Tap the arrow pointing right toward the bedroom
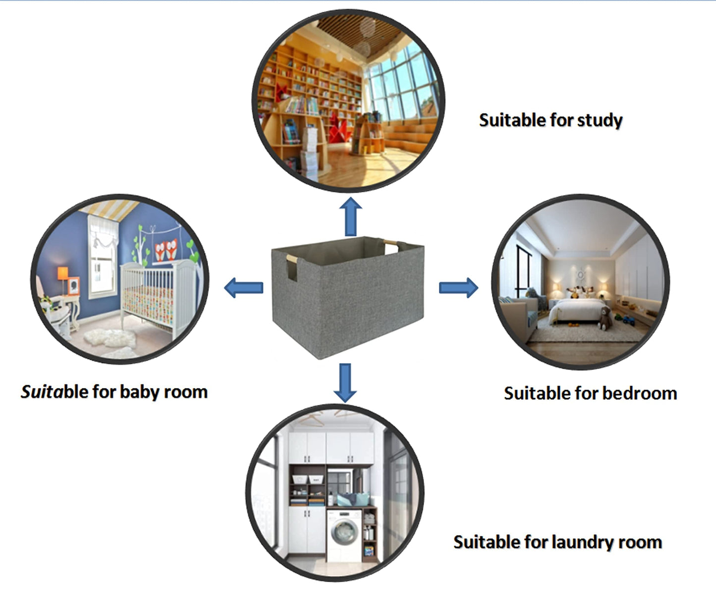click(x=458, y=287)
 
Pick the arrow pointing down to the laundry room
click(x=345, y=383)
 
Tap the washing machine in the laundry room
click(x=343, y=535)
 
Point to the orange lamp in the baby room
click(x=62, y=274)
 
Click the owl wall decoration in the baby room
click(x=165, y=250)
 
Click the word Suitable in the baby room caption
click(x=47, y=392)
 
